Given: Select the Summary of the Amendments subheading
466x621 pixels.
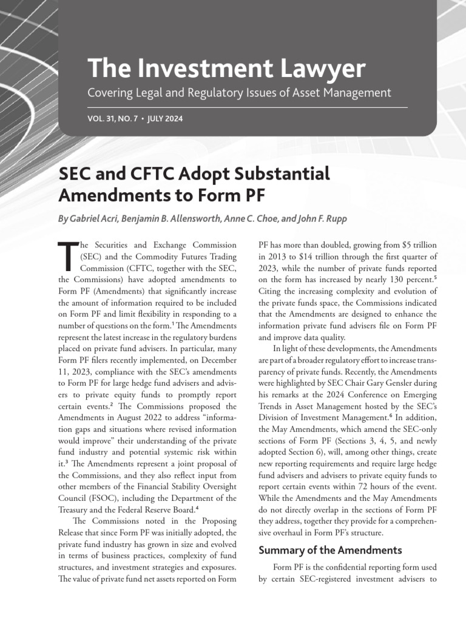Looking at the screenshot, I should click(330, 550).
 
